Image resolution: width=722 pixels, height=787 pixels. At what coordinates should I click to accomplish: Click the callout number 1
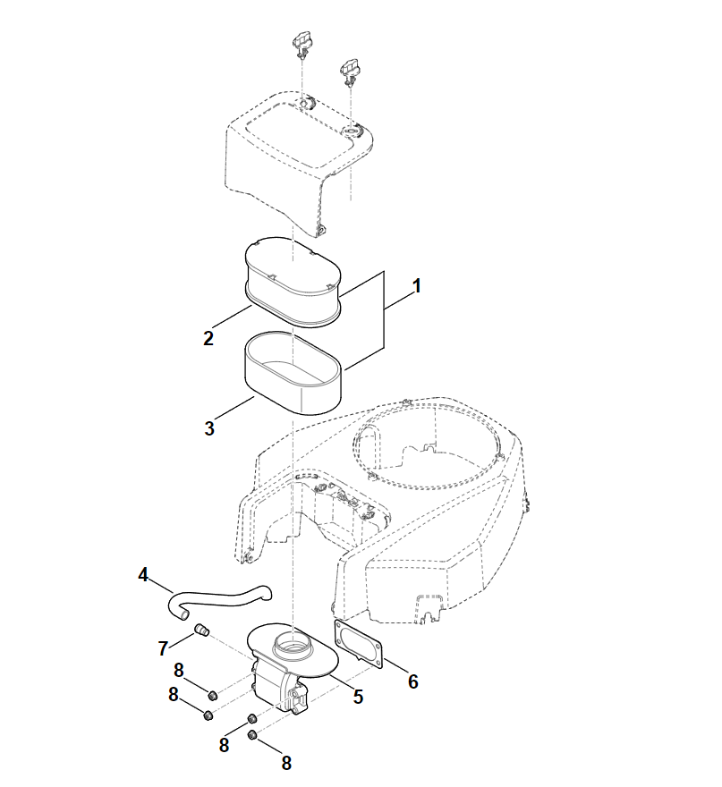[416, 286]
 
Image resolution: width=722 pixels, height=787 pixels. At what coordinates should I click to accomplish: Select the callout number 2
[208, 338]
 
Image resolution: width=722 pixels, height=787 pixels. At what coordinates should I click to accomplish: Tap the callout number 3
[209, 428]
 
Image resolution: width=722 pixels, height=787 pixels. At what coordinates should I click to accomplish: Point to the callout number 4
[144, 575]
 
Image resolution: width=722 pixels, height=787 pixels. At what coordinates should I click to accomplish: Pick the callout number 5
[358, 697]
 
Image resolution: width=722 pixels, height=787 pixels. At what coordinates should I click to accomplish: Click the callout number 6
[412, 681]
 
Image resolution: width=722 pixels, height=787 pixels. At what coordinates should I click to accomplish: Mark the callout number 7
[163, 648]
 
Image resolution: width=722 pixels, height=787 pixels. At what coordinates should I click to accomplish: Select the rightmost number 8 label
[286, 764]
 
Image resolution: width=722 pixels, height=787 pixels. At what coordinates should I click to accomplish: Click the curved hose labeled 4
[220, 600]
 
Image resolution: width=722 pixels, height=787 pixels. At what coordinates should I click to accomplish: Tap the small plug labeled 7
[202, 630]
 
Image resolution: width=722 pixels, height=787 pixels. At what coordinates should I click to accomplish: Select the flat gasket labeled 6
[359, 645]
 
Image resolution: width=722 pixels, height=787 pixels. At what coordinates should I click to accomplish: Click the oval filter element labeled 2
[293, 283]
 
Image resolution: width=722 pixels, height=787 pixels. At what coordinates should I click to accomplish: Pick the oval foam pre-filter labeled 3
[293, 372]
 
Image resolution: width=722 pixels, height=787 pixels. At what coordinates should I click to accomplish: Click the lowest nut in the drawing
[252, 735]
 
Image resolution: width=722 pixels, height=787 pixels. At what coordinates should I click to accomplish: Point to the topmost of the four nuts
[213, 695]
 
